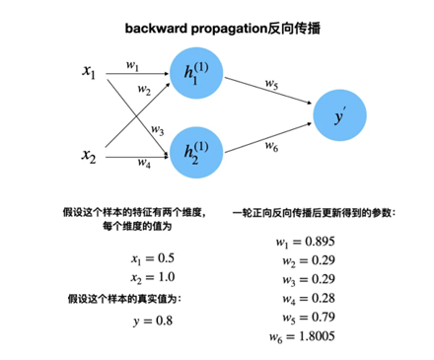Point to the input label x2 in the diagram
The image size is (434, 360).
pyautogui.click(x=92, y=155)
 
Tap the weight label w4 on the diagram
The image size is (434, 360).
pyautogui.click(x=143, y=162)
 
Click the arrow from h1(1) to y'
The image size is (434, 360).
pyautogui.click(x=266, y=97)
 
